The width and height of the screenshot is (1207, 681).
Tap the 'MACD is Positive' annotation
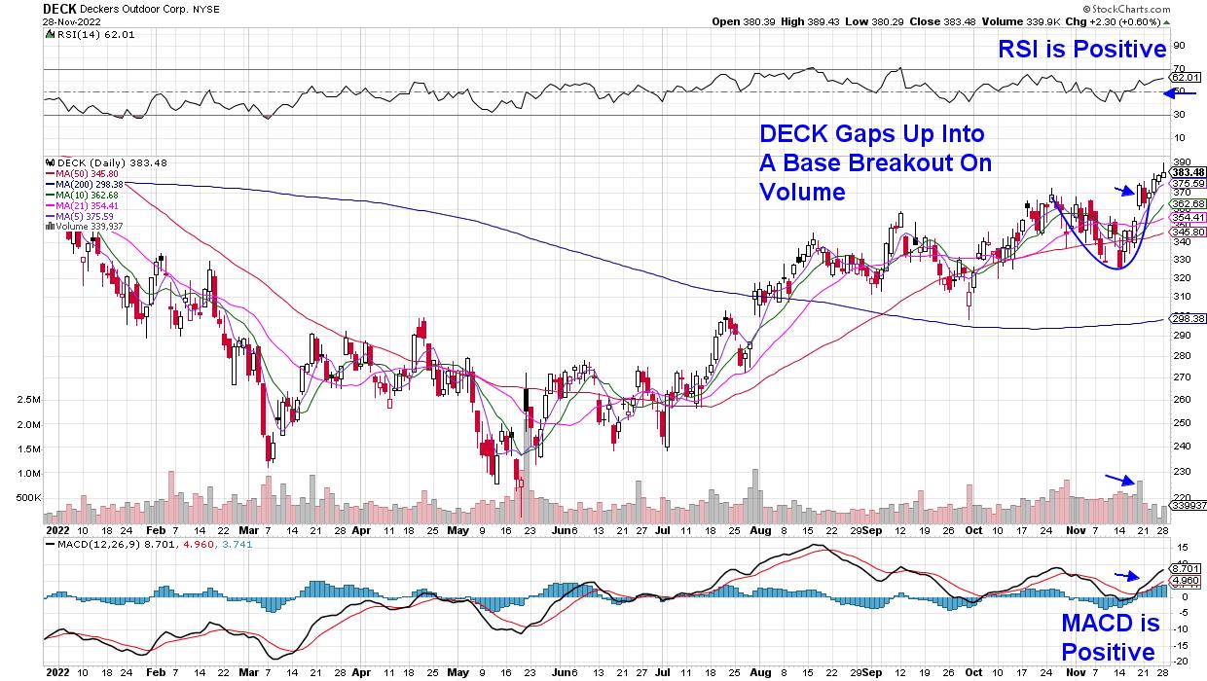1110,637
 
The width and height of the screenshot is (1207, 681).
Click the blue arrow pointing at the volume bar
1119,479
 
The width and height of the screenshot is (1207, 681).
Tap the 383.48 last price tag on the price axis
1187,173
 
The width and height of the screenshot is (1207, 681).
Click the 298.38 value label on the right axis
1187,318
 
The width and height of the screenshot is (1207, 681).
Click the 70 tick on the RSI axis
1178,68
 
